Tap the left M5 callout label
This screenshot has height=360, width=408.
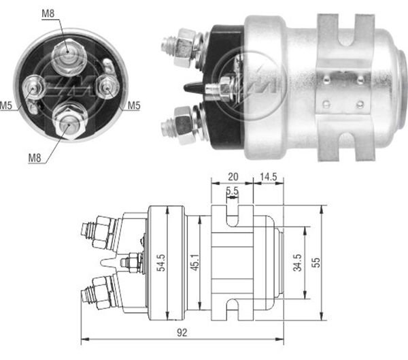tap(6, 105)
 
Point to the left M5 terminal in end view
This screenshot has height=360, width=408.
tap(33, 87)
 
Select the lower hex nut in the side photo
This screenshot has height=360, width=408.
tap(183, 124)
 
